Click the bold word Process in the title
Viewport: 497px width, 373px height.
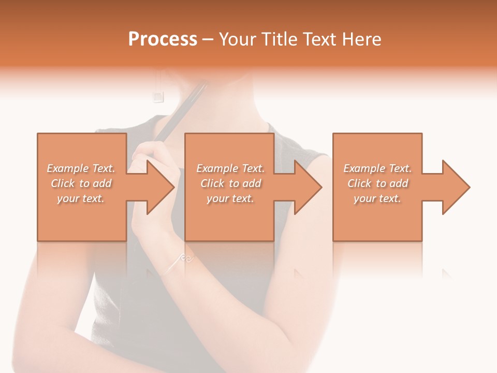163,39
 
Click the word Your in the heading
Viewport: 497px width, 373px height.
239,39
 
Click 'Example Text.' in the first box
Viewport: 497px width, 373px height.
81,168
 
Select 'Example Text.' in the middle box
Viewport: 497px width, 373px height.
230,168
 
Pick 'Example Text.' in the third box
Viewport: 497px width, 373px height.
377,168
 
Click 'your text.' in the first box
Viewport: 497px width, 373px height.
81,198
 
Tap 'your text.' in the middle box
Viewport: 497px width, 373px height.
230,198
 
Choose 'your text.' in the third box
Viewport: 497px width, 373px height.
377,198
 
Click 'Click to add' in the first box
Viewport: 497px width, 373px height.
81,183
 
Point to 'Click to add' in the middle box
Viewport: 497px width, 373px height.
230,183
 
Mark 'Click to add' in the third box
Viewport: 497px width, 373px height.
377,183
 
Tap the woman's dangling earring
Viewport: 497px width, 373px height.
157,95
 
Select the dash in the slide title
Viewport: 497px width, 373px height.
208,40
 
